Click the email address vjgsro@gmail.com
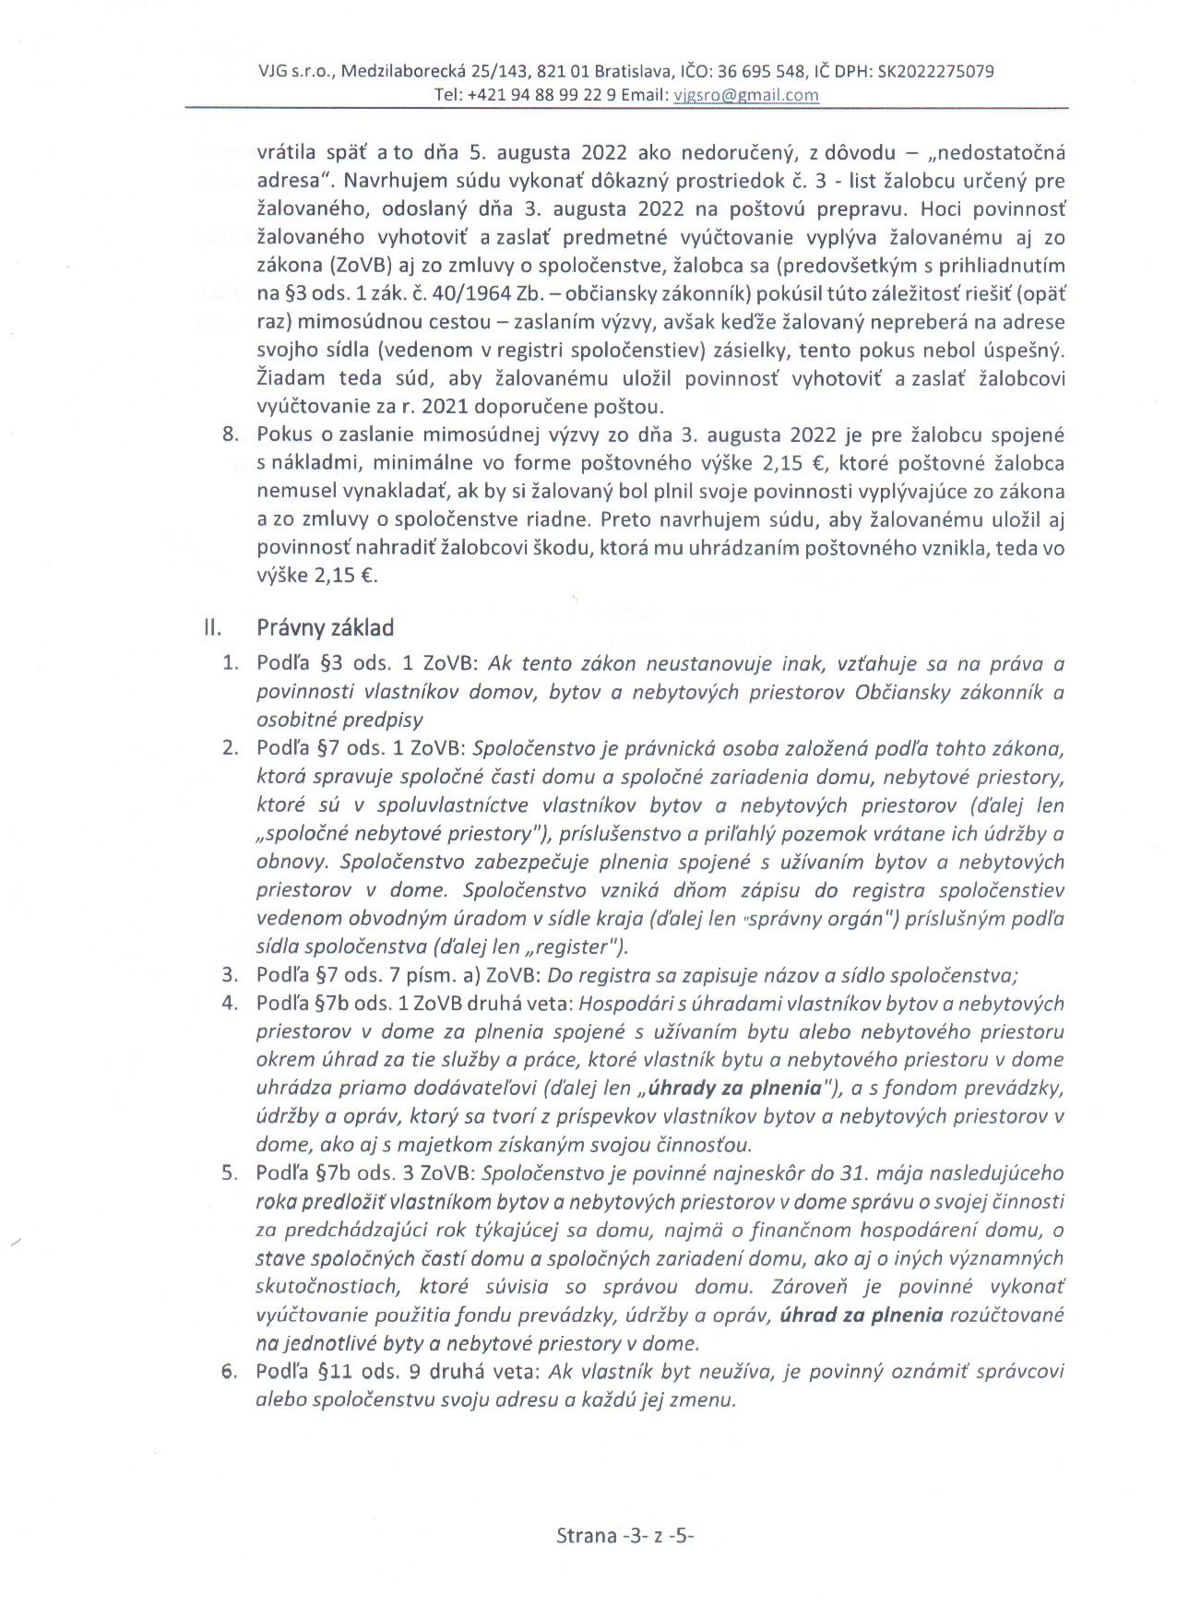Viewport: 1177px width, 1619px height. (746, 94)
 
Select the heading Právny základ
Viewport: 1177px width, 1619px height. (325, 628)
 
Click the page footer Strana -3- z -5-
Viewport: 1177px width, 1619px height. (624, 1535)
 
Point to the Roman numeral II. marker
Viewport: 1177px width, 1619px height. (212, 628)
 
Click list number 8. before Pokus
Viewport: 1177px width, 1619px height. (231, 435)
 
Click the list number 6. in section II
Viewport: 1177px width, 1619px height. (230, 1371)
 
